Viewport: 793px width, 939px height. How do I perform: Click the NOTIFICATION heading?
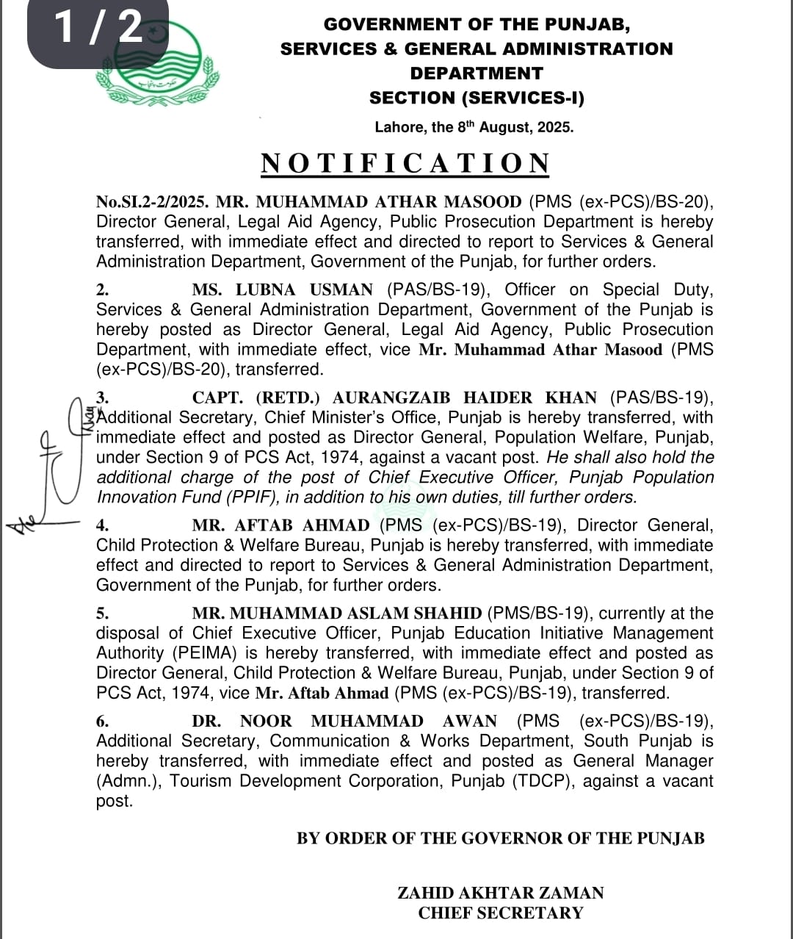[x=405, y=163]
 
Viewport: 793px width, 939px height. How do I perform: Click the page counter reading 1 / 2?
[x=98, y=28]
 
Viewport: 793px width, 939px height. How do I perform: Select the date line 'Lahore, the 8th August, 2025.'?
[x=474, y=127]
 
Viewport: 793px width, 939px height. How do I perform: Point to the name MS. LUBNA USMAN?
[x=282, y=290]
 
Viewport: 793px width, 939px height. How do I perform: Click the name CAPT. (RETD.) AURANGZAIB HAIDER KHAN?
[x=394, y=398]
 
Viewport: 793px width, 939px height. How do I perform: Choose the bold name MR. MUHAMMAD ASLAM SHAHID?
[x=337, y=614]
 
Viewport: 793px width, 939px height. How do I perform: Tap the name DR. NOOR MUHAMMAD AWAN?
[x=344, y=722]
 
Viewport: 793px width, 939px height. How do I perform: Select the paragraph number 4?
[x=102, y=525]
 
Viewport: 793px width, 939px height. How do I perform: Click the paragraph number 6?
[x=102, y=722]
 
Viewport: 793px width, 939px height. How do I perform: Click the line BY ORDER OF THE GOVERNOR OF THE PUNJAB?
[x=500, y=838]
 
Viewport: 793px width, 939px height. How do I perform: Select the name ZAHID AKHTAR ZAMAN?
[x=500, y=893]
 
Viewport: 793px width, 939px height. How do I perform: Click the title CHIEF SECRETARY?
[x=500, y=913]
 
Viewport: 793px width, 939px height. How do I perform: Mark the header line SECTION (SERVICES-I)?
[x=477, y=98]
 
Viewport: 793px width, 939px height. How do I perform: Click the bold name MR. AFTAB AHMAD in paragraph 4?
[x=280, y=525]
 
